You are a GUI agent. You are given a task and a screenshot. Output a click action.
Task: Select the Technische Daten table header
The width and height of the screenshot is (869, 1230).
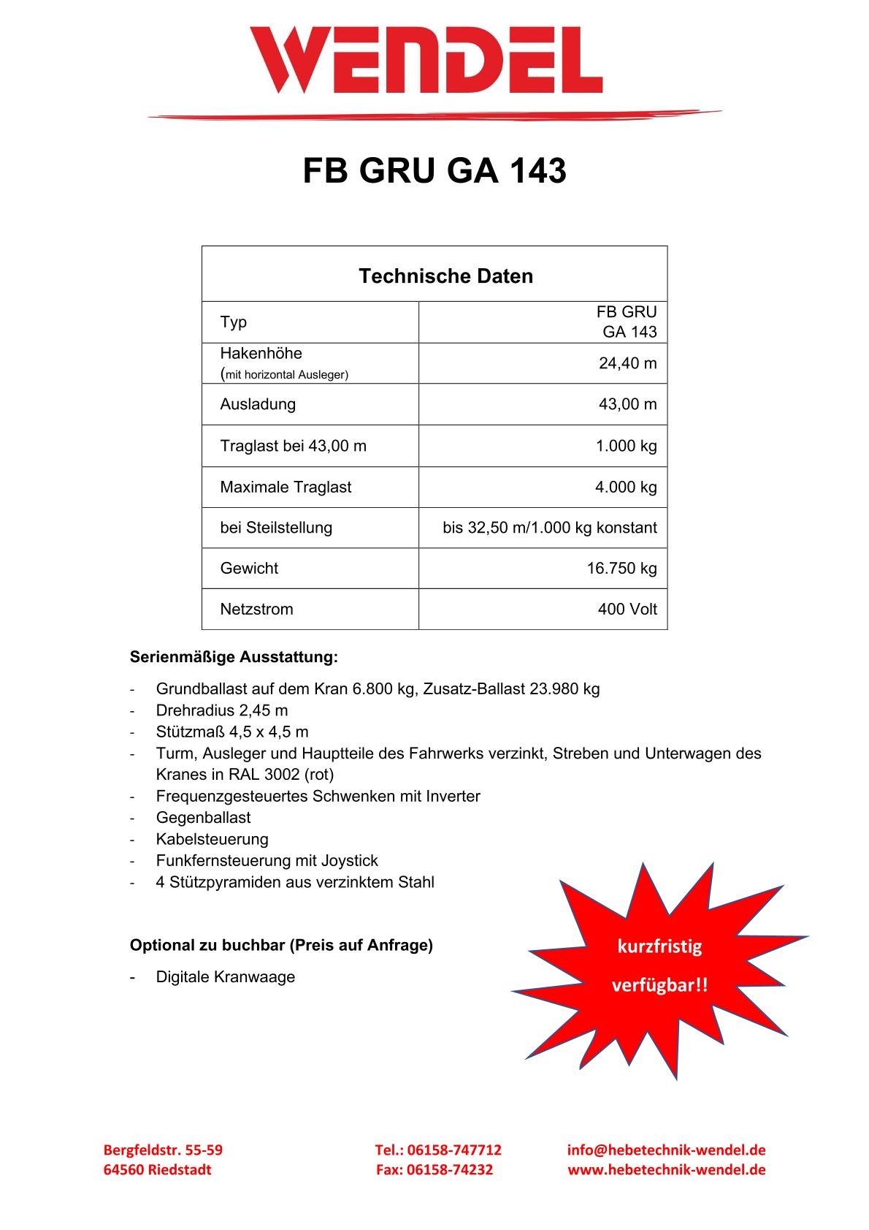point(445,276)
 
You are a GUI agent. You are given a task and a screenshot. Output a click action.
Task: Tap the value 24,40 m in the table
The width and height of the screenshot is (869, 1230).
point(627,363)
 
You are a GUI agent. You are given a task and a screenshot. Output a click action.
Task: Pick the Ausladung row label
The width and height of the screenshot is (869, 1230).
point(258,404)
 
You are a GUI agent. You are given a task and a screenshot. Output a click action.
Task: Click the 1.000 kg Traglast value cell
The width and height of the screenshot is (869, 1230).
point(626,446)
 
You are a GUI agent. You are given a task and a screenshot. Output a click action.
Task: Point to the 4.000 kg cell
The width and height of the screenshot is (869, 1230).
point(626,487)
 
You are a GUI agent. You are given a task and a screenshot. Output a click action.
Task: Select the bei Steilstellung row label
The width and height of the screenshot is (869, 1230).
point(276,528)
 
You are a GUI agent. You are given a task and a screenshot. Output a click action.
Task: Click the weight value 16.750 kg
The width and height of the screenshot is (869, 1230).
point(621,569)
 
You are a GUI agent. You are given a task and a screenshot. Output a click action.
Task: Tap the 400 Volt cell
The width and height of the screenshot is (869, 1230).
point(627,610)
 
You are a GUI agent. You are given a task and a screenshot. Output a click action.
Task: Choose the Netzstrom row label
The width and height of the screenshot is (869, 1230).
point(256,610)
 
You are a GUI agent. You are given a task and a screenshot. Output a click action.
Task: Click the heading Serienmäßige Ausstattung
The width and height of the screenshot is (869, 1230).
point(234,657)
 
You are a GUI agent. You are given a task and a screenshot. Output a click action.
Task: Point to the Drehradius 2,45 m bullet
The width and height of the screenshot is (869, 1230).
point(222,710)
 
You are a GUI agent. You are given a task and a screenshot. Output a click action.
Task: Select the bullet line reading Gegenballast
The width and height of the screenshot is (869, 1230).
point(203,818)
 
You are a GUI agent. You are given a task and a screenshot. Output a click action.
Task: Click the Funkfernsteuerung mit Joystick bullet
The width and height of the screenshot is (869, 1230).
point(267,861)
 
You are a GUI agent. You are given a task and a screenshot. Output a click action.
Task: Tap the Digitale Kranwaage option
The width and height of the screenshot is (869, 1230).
point(225,977)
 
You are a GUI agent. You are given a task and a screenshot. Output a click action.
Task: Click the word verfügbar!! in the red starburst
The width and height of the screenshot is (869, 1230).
point(659,986)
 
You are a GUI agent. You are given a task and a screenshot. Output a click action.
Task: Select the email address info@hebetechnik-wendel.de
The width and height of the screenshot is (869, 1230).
point(666,1150)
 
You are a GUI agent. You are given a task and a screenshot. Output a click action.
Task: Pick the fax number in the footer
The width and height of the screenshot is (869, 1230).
point(434,1170)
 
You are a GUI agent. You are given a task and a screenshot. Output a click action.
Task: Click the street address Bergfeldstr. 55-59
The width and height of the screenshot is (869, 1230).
point(163,1150)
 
